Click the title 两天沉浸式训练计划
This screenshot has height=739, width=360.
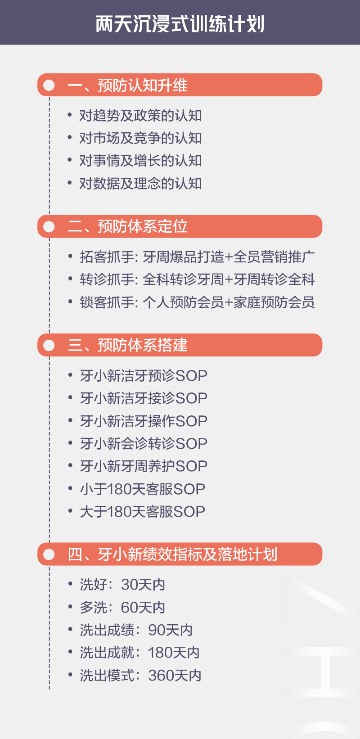180,24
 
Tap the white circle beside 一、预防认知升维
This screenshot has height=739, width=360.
49,85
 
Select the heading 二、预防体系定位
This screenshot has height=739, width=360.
127,226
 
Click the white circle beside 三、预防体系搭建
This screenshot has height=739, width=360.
49,345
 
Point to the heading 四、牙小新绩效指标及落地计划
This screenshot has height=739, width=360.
172,554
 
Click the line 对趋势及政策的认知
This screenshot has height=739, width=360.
140,116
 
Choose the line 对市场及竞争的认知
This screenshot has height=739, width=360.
140,138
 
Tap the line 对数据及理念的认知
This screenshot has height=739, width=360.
140,184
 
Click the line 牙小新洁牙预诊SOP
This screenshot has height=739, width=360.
144,376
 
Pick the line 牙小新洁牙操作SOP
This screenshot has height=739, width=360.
144,421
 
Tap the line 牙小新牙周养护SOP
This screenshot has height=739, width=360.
144,466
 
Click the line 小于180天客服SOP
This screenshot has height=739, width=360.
143,489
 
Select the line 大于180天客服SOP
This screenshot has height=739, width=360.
143,512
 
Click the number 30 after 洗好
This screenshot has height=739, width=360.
130,585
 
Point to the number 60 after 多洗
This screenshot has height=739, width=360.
130,608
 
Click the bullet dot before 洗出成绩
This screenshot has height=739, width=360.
70,629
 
